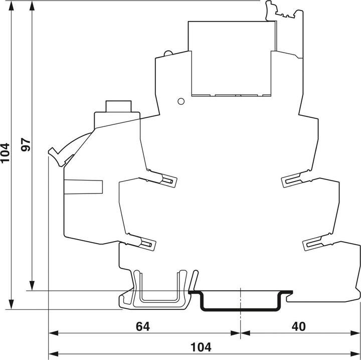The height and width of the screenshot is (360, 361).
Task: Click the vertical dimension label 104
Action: pyautogui.click(x=6, y=153)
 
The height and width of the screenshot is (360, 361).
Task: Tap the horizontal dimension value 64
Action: pyautogui.click(x=143, y=326)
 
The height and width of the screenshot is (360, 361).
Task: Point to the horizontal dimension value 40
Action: pyautogui.click(x=299, y=326)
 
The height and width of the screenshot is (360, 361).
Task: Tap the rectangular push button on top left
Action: pyautogui.click(x=118, y=107)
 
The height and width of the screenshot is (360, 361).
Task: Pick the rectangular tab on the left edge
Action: pyautogui.click(x=83, y=187)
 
